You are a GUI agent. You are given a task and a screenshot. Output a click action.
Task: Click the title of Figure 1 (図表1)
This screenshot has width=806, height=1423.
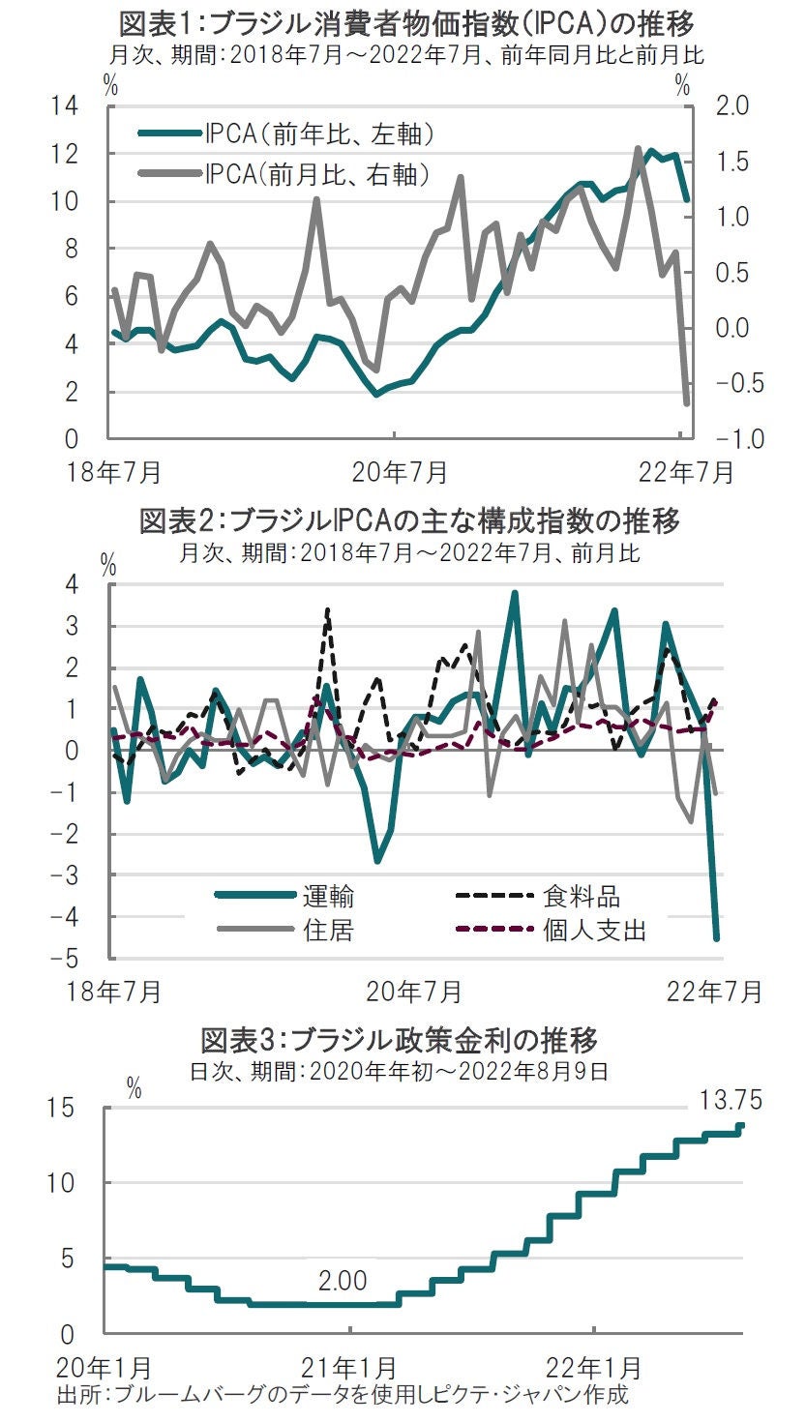405,21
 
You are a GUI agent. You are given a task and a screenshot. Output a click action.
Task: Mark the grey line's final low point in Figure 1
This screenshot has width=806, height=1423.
687,403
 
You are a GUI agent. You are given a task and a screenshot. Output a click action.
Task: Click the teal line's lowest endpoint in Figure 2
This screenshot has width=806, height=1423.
717,937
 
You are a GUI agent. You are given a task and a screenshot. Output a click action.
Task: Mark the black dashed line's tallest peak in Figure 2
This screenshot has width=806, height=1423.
328,609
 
